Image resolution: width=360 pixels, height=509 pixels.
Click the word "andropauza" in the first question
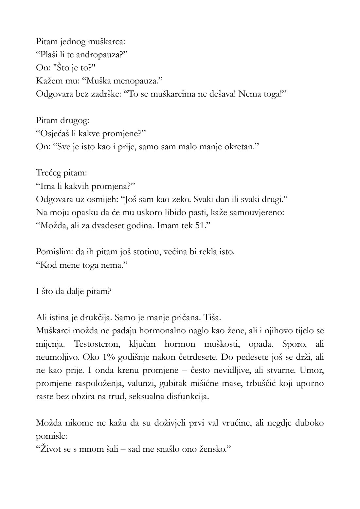pyautogui.click(x=96, y=55)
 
